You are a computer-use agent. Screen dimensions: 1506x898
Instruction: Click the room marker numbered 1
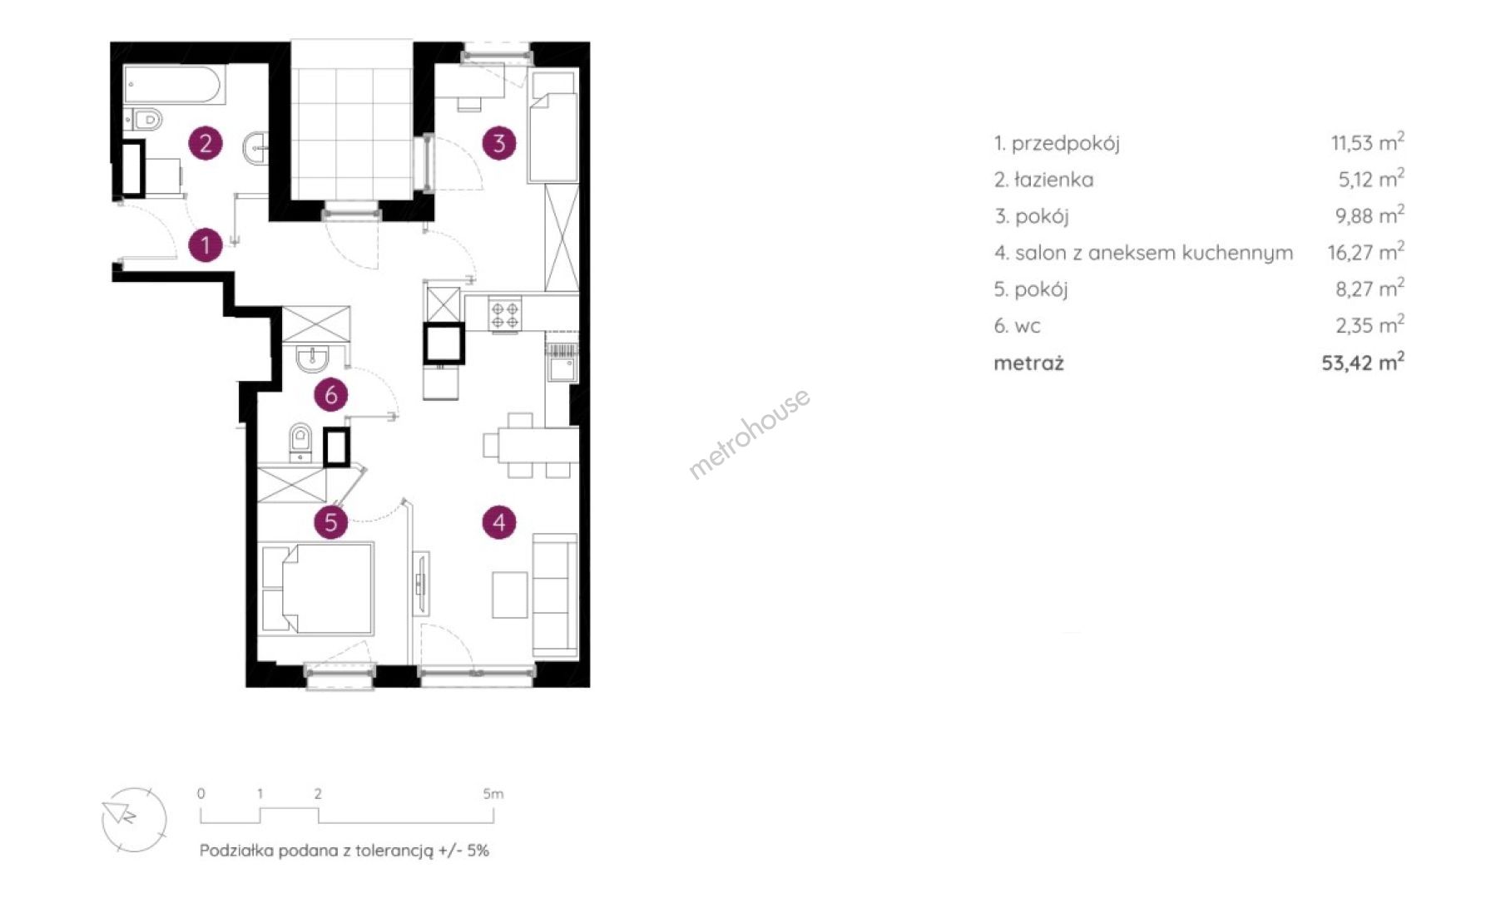pos(206,245)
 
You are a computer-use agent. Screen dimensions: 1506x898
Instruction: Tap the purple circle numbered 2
pos(206,143)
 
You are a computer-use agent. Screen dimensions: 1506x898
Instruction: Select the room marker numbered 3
pos(499,143)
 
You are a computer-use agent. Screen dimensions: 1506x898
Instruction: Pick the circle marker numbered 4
pos(499,522)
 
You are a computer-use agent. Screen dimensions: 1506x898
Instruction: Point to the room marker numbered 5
pos(331,522)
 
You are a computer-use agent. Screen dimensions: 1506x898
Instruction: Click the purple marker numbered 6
pos(331,394)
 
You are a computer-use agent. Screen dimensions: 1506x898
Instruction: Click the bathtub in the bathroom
pos(174,86)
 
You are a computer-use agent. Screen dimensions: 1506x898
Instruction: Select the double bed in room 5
pos(316,589)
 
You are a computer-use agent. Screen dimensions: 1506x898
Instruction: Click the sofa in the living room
pos(555,594)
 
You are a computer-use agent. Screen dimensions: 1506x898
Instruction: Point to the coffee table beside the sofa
pos(509,595)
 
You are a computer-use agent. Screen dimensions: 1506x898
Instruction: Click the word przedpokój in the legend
pos(1066,144)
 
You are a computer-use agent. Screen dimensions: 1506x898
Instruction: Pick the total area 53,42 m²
pos(1363,362)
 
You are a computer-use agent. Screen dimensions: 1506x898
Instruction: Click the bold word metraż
pos(1028,363)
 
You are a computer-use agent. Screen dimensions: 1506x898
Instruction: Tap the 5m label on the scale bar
pos(493,793)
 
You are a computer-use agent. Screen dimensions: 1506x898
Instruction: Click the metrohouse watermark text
pos(749,433)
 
